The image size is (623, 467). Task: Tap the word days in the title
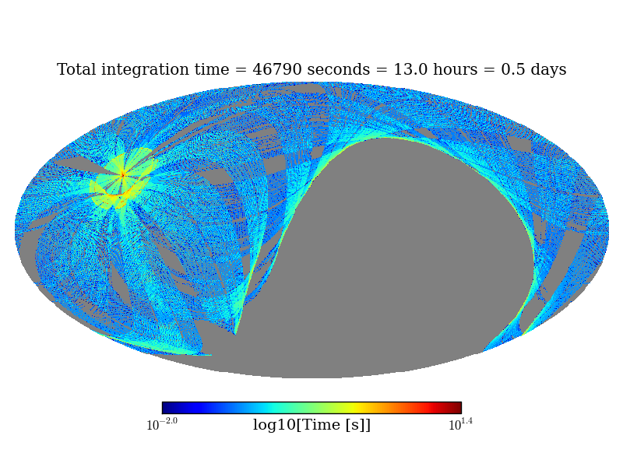click(x=547, y=70)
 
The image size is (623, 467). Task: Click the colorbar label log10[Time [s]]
click(x=311, y=425)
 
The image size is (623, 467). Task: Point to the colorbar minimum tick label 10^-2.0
click(x=162, y=424)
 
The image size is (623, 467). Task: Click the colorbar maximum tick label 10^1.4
click(x=460, y=424)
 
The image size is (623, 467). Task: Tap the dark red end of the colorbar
click(x=457, y=408)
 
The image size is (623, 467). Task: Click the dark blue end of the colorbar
click(x=166, y=408)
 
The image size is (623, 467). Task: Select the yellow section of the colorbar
click(x=354, y=408)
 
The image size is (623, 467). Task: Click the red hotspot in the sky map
click(x=122, y=175)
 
